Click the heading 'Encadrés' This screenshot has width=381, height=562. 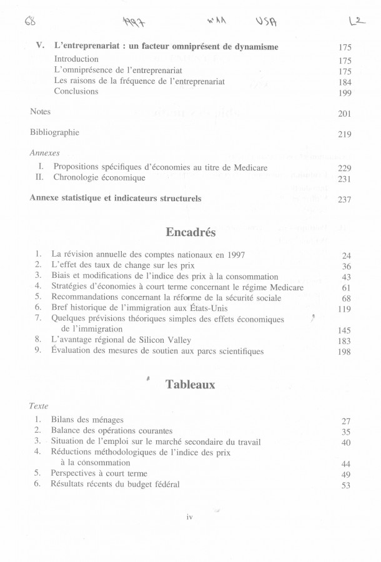[x=190, y=232]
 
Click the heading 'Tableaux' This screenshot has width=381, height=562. [x=190, y=385]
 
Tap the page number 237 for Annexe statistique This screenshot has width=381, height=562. [x=345, y=200]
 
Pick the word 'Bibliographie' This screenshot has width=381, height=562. [x=55, y=133]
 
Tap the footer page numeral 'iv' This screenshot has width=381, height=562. [x=191, y=516]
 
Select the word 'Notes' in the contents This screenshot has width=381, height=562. [x=41, y=112]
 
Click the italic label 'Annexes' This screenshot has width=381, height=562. [x=44, y=152]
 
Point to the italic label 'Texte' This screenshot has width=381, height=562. [x=39, y=405]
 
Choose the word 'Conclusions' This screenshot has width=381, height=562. [x=76, y=91]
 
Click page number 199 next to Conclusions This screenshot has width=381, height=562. [x=345, y=93]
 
